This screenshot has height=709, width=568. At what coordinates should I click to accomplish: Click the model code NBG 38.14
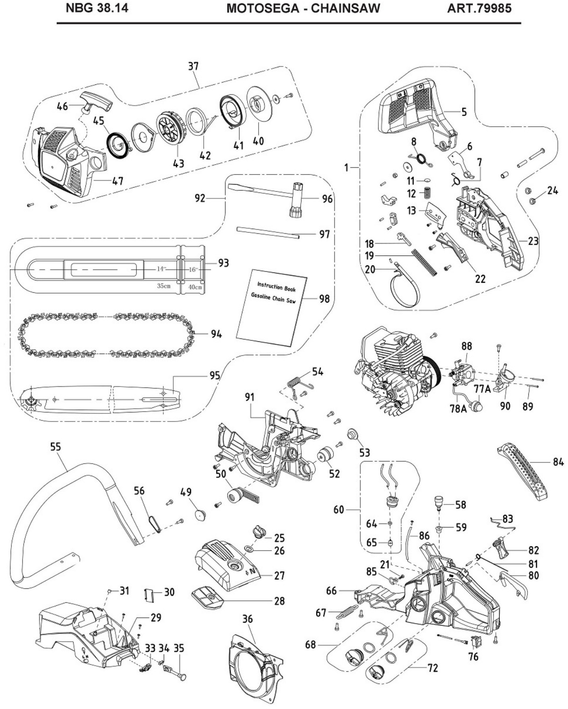pos(97,8)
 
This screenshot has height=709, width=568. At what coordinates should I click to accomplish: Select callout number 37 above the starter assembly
pos(193,66)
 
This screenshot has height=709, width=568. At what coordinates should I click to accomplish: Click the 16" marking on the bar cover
pos(193,269)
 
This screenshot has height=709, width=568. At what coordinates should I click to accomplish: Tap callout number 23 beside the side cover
pos(533,241)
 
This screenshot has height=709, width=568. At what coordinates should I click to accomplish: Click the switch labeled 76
pos(472,642)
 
